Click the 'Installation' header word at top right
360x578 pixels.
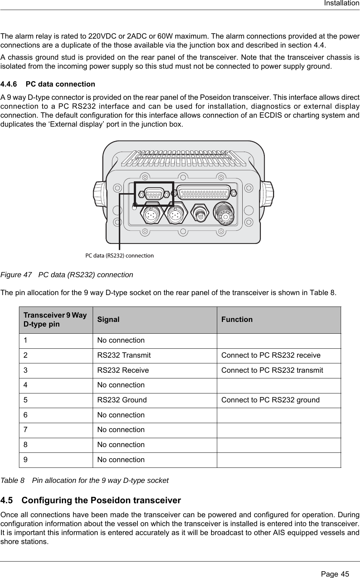click(x=341, y=4)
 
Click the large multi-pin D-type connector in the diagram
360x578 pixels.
click(x=205, y=193)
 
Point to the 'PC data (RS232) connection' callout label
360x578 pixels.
click(x=119, y=256)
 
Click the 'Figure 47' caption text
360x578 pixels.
click(x=67, y=275)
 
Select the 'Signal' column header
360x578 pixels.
click(x=108, y=319)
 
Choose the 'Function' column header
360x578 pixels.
click(x=237, y=319)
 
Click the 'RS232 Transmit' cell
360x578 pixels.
click(x=124, y=356)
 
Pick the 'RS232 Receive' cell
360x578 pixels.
click(x=123, y=371)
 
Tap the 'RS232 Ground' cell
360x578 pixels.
click(x=122, y=400)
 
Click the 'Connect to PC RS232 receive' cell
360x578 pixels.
click(x=271, y=356)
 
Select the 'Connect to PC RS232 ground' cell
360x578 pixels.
click(x=271, y=400)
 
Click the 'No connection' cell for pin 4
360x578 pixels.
click(x=121, y=385)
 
